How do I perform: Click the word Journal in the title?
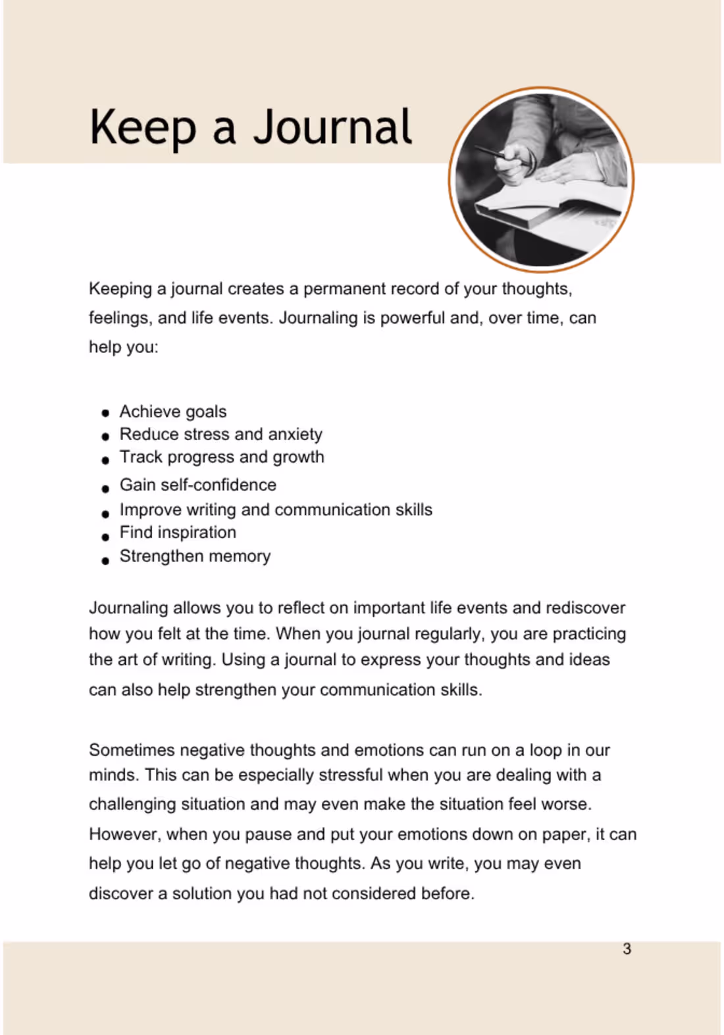pos(332,127)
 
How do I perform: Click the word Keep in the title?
pos(142,127)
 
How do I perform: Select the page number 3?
pos(627,949)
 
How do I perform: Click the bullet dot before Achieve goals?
pos(105,414)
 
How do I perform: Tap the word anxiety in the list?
pos(295,434)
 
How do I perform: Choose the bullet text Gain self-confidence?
pos(197,485)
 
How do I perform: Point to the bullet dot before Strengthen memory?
pos(105,561)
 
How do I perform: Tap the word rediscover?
pos(585,607)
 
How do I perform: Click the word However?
pos(124,834)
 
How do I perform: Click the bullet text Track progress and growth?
pos(222,457)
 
